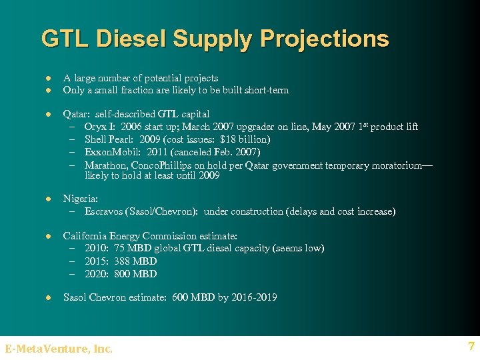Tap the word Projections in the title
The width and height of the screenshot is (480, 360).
pos(325,39)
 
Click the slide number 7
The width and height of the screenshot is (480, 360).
pos(471,347)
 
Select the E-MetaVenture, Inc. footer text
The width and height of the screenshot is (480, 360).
pos(59,348)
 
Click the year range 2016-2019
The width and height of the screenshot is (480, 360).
pos(253,297)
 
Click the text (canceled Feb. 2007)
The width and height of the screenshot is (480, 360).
pos(218,152)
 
